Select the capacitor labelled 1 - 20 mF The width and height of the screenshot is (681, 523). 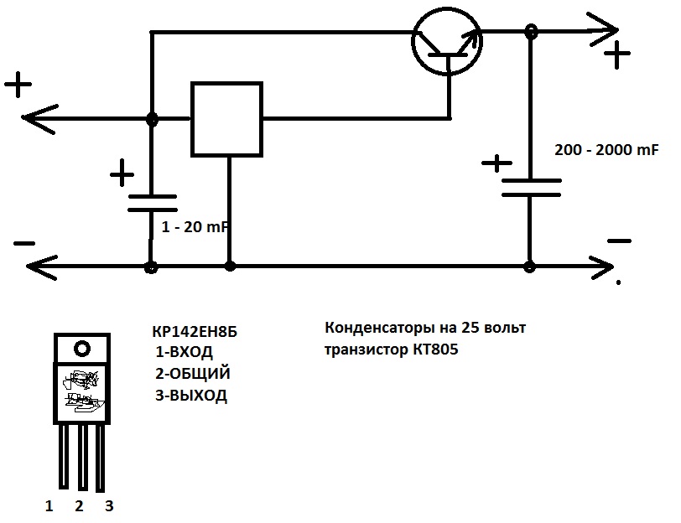tap(152, 203)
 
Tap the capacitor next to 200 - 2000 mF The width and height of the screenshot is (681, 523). tap(531, 188)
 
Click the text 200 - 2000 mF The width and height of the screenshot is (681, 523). tap(606, 150)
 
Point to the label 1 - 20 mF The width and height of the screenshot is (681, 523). tap(195, 226)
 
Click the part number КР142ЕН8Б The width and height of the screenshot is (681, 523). tap(195, 332)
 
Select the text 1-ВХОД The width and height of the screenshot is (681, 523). tap(185, 351)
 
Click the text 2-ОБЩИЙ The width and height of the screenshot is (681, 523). tap(193, 373)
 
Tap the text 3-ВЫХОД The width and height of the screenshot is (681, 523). tap(191, 395)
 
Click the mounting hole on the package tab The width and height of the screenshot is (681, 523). tap(82, 348)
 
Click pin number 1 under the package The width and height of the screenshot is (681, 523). tap(49, 505)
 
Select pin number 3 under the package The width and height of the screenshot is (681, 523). tap(109, 505)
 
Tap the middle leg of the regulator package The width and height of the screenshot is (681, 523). tap(82, 458)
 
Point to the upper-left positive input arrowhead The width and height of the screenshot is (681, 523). tap(39, 118)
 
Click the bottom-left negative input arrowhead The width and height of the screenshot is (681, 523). tap(41, 267)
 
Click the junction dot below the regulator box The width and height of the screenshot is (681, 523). tap(230, 266)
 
